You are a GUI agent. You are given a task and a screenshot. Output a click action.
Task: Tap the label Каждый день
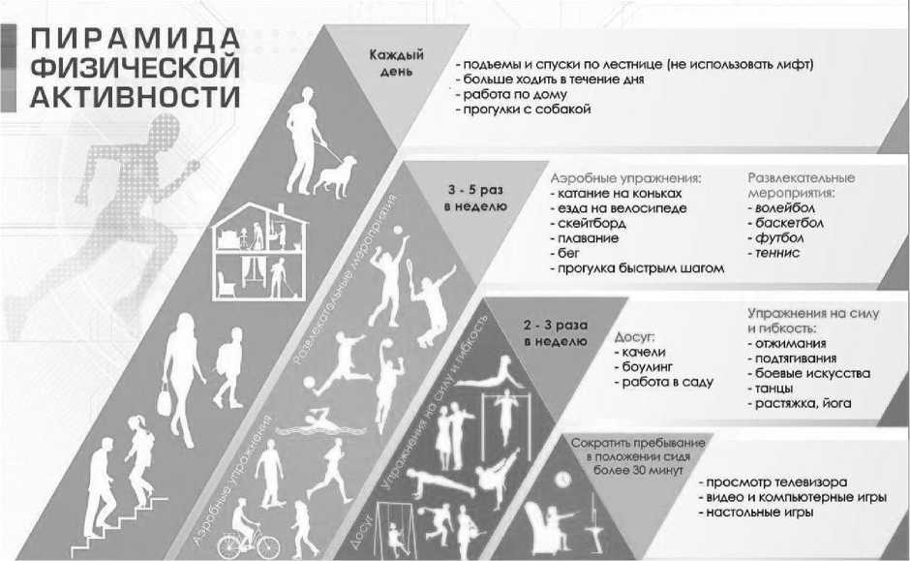pyautogui.click(x=397, y=63)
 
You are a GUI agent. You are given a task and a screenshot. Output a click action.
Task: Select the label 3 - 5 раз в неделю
pyautogui.click(x=475, y=198)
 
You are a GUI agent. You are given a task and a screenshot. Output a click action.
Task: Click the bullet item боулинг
pyautogui.click(x=647, y=367)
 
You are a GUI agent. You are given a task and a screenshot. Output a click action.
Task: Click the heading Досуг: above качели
pyautogui.click(x=635, y=337)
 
